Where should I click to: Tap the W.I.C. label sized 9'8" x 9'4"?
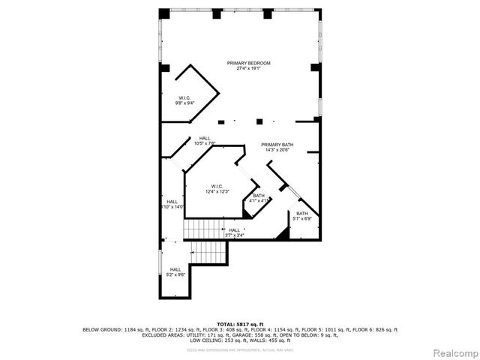pyautogui.click(x=185, y=98)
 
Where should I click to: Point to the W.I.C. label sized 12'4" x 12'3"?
pyautogui.click(x=217, y=186)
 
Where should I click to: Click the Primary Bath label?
pyautogui.click(x=277, y=144)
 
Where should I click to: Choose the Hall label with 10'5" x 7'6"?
pyautogui.click(x=205, y=138)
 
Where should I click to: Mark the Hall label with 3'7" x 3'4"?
pyautogui.click(x=235, y=230)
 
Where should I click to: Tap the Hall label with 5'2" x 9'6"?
pyautogui.click(x=175, y=269)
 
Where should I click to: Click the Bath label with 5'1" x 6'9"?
pyautogui.click(x=301, y=214)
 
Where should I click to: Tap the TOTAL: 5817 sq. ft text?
pyautogui.click(x=240, y=324)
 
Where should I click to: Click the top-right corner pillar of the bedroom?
pyautogui.click(x=316, y=13)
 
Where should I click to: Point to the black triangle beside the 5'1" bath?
pyautogui.click(x=283, y=235)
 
